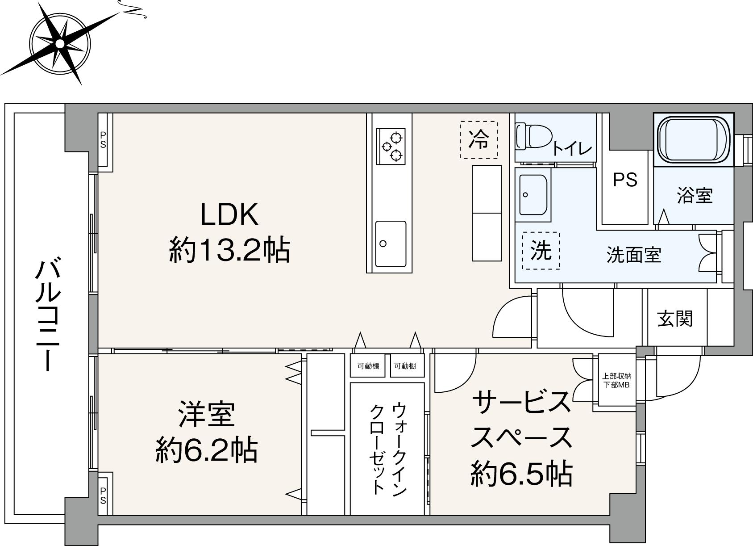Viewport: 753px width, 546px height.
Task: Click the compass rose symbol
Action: pyautogui.click(x=60, y=43)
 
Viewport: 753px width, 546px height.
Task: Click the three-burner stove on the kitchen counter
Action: pyautogui.click(x=391, y=145)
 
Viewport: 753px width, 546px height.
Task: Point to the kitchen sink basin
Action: pyautogui.click(x=391, y=244)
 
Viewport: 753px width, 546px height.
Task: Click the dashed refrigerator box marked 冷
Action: pyautogui.click(x=478, y=140)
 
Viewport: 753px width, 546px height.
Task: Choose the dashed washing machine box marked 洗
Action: pyautogui.click(x=541, y=251)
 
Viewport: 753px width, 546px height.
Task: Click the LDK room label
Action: pyautogui.click(x=229, y=215)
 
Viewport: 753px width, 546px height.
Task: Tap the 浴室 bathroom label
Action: pyautogui.click(x=695, y=195)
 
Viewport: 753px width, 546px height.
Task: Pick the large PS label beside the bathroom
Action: pyautogui.click(x=625, y=180)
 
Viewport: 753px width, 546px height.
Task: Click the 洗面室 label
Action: pyautogui.click(x=633, y=255)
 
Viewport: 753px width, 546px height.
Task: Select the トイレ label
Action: pyautogui.click(x=572, y=149)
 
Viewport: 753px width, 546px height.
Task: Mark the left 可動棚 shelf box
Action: pyautogui.click(x=368, y=366)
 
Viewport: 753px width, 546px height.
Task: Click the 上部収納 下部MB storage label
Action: pyautogui.click(x=616, y=380)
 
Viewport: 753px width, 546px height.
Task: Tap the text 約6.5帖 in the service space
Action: pyautogui.click(x=521, y=474)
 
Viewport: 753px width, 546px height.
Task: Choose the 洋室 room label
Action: pyautogui.click(x=207, y=415)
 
